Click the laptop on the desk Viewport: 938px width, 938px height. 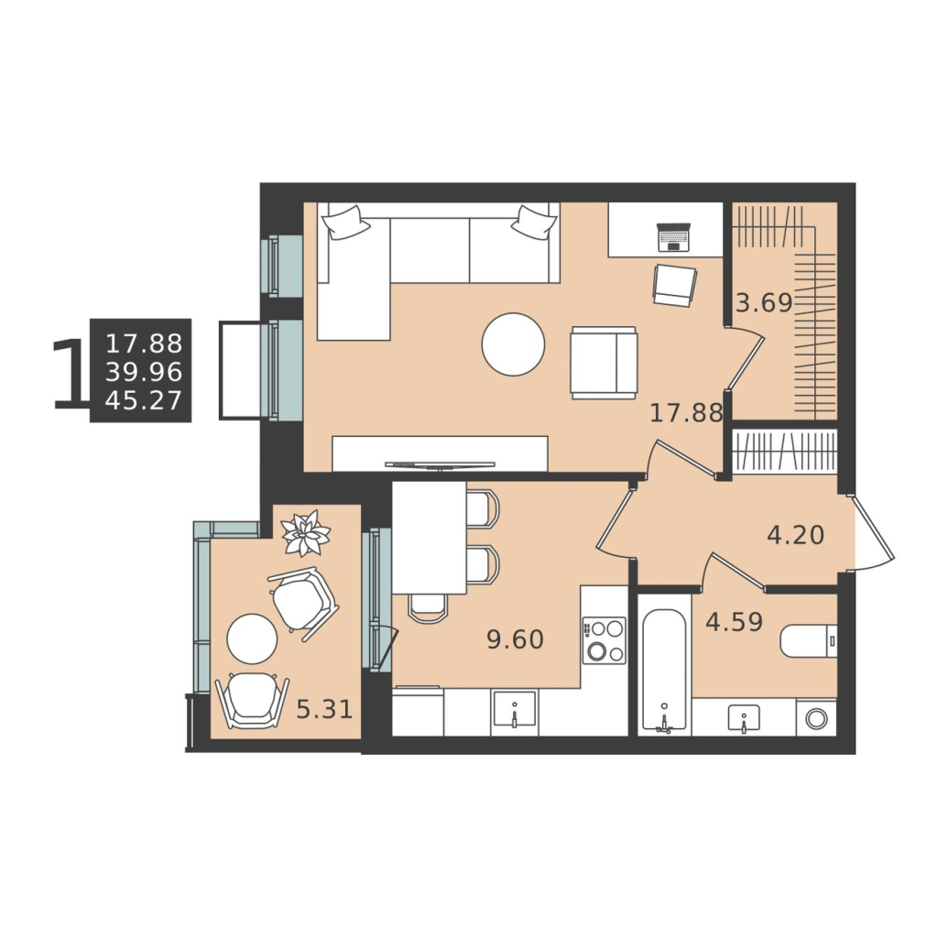674,237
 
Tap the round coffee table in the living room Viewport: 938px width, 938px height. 513,344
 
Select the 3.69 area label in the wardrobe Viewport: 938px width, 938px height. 764,303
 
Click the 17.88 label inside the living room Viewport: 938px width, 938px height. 686,413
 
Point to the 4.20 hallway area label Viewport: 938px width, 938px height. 796,535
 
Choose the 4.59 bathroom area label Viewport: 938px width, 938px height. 734,622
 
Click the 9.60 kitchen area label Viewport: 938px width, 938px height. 516,639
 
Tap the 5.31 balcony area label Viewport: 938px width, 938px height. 325,710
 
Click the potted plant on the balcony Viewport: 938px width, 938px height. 306,533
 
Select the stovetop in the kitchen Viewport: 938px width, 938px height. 605,640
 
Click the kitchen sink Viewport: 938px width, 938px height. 515,709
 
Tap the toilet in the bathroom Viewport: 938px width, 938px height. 808,641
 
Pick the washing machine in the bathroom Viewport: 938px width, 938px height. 816,718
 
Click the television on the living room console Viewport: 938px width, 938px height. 440,464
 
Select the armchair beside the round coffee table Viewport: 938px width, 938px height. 604,363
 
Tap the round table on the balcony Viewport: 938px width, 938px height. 252,638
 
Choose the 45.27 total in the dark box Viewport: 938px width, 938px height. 144,400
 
